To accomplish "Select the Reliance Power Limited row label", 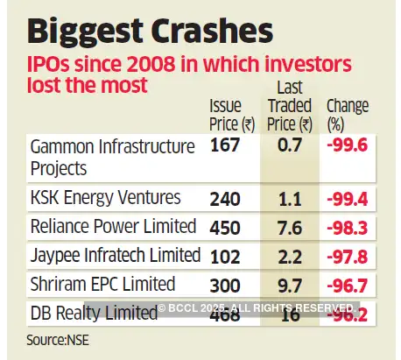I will pos(112,227).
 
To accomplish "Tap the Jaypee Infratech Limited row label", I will pos(115,256).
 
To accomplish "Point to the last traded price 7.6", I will pos(292,227).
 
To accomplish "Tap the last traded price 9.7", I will pos(292,284).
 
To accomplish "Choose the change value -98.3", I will pos(349,227).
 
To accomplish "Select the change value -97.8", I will pos(349,256).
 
